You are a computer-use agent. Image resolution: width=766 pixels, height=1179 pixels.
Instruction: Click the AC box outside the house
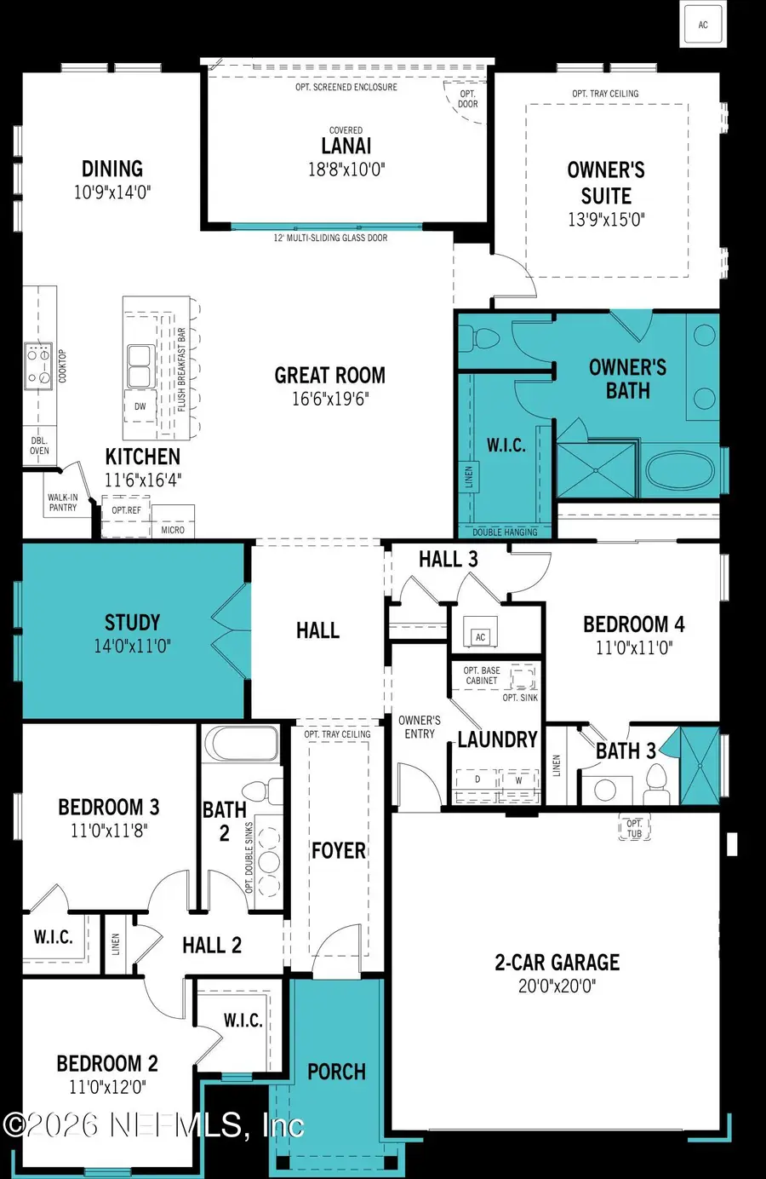[x=703, y=25]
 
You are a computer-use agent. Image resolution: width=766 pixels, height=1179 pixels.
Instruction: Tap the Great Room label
[x=329, y=376]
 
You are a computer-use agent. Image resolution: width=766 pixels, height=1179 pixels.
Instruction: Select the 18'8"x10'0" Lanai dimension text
[x=346, y=170]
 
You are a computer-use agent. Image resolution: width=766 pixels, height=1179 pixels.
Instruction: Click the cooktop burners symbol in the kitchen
[x=38, y=365]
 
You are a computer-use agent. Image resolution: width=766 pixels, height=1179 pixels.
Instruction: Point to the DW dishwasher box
[x=140, y=407]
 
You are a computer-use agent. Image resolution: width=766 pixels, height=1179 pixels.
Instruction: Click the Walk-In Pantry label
[x=62, y=503]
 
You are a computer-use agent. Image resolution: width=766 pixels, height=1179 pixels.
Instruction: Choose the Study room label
[x=132, y=622]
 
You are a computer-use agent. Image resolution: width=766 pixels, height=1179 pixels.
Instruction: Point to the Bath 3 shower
[x=700, y=766]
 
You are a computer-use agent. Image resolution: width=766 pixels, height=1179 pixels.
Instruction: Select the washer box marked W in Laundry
[x=518, y=780]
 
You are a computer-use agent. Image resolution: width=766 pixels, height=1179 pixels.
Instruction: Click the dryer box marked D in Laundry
[x=477, y=780]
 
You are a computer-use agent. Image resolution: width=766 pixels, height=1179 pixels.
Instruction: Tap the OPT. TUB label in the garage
[x=634, y=829]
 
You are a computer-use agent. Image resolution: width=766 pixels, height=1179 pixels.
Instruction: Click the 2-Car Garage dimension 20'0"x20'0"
[x=557, y=986]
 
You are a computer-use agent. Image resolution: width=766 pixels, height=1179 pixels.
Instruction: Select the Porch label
[x=336, y=1072]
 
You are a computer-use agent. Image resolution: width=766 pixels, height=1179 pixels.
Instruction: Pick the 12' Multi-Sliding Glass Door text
[x=329, y=238]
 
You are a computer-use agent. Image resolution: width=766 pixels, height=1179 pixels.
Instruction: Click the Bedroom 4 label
[x=633, y=624]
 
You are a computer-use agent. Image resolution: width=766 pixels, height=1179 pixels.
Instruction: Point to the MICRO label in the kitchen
[x=173, y=530]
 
